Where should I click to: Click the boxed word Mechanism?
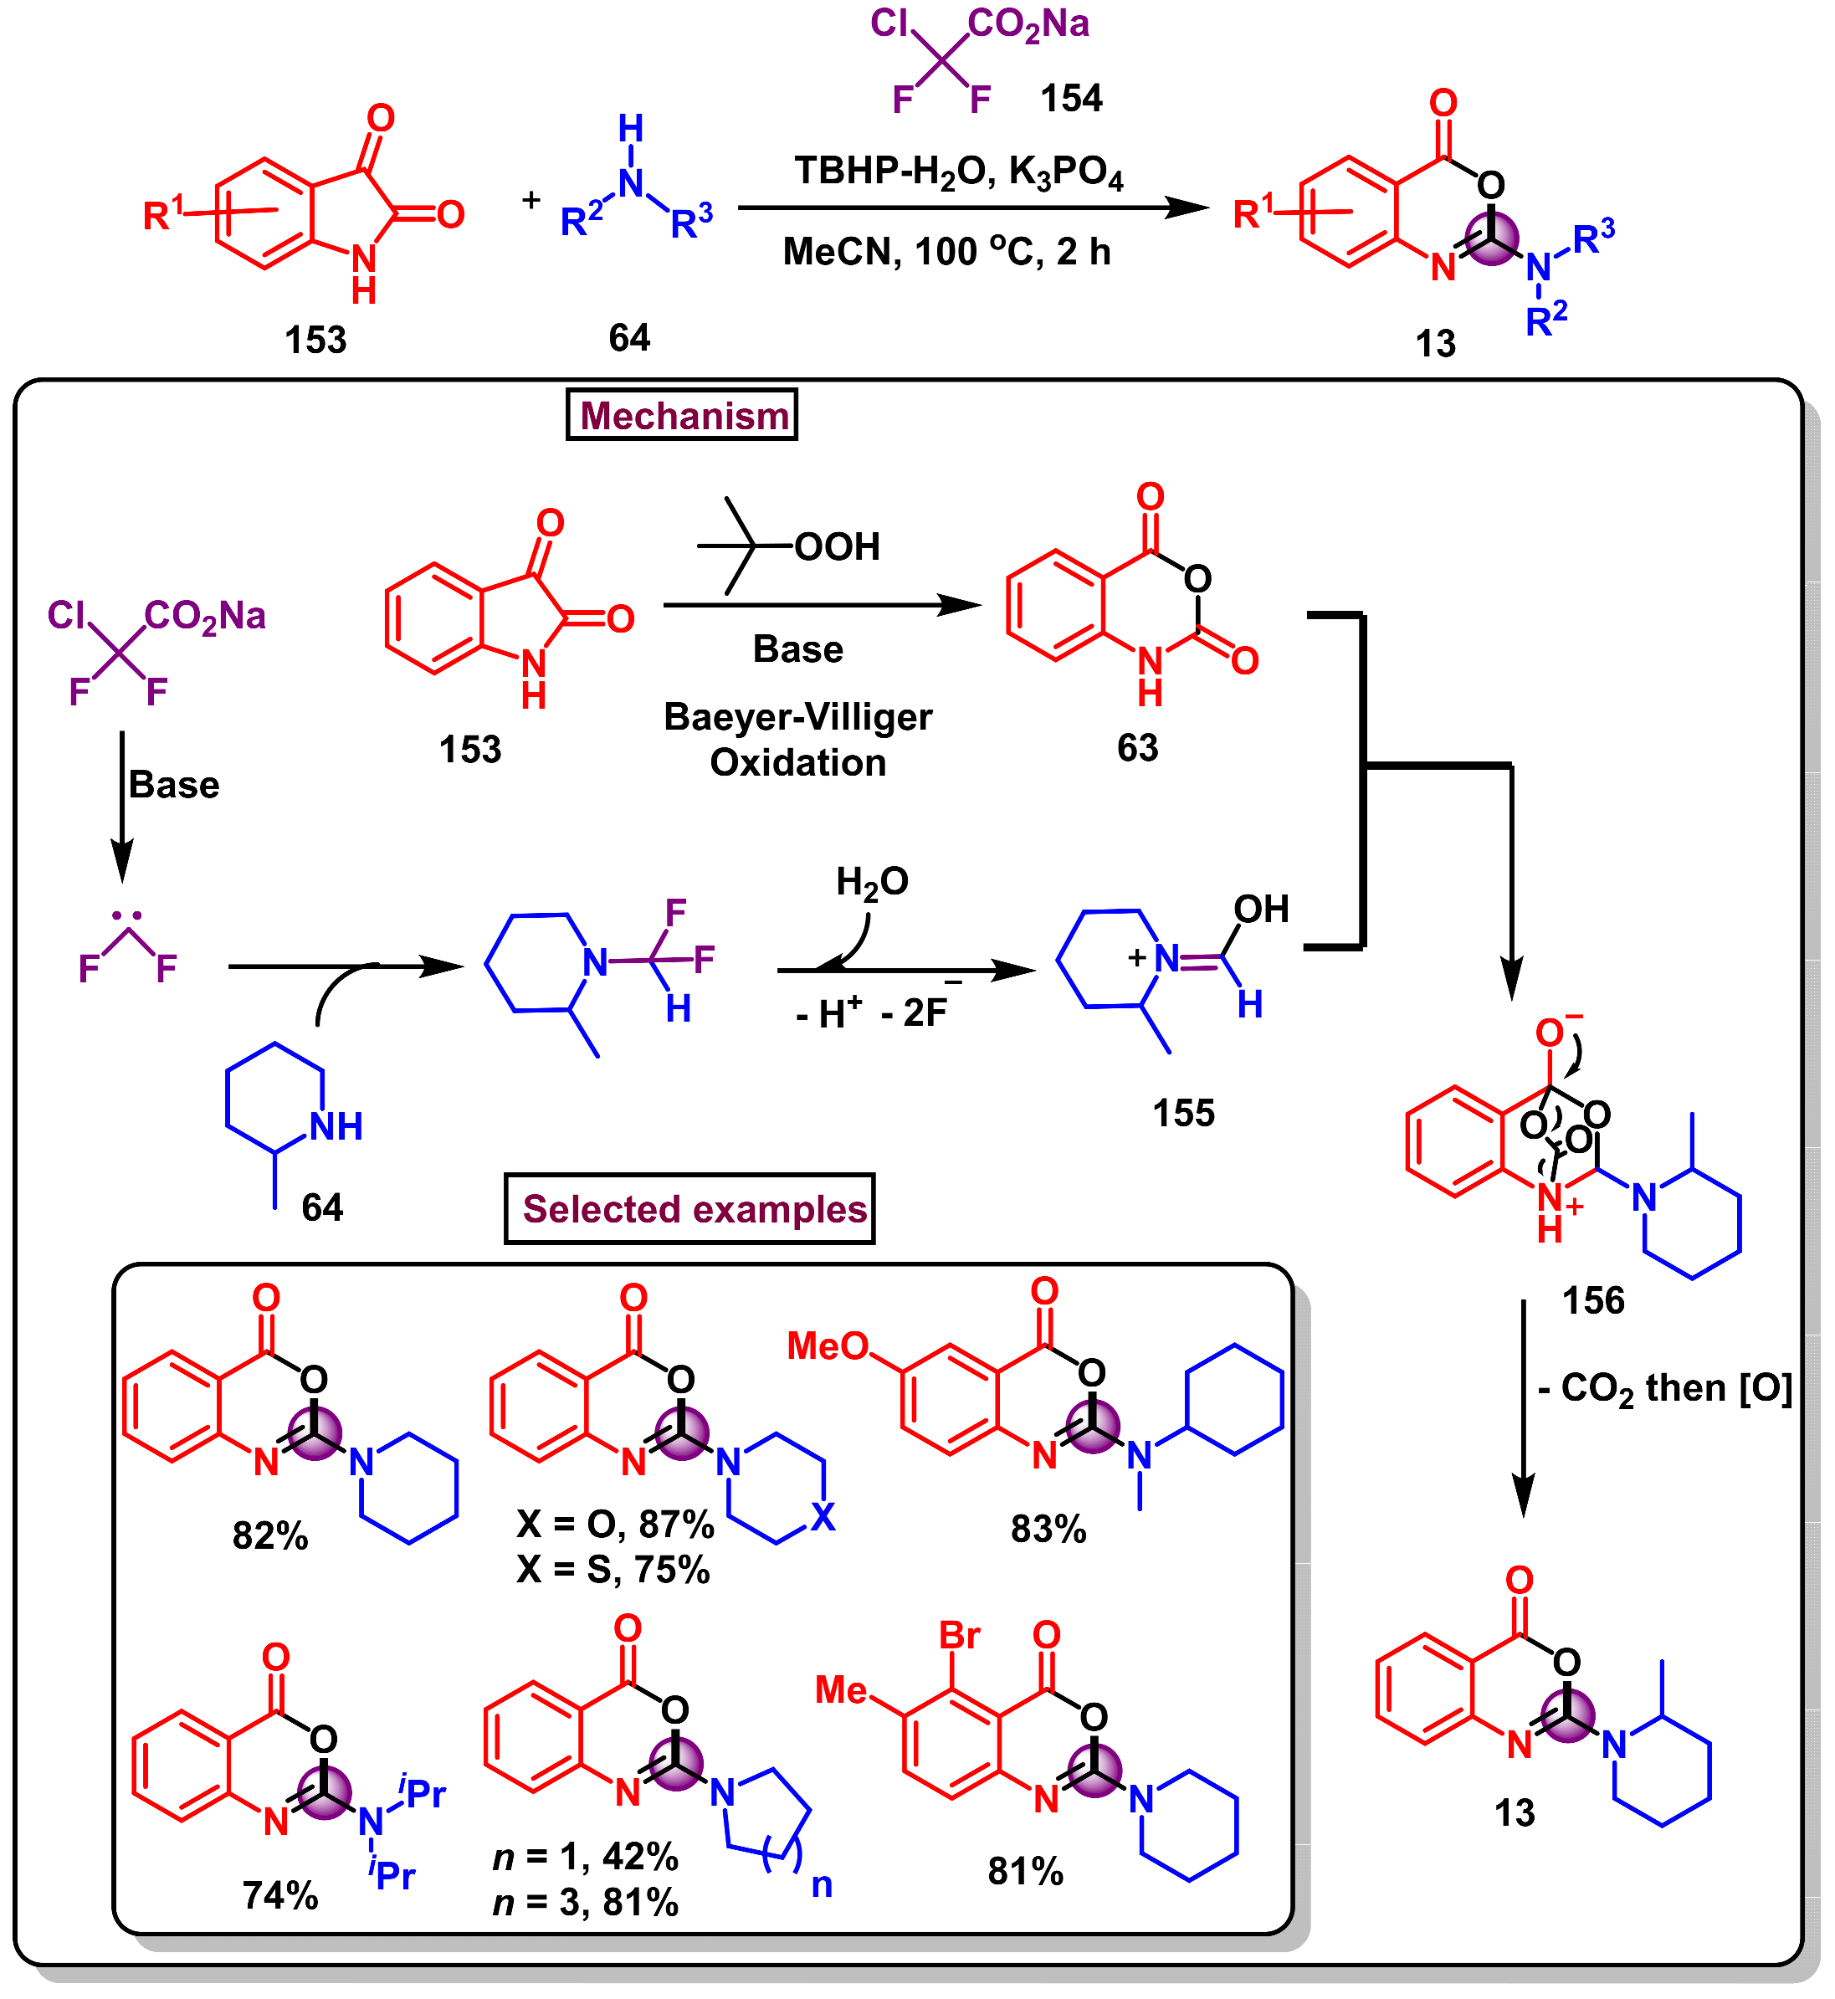(x=683, y=416)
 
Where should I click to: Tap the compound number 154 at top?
(x=1071, y=98)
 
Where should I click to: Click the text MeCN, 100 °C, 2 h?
(x=946, y=252)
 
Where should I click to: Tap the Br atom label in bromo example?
(x=961, y=1637)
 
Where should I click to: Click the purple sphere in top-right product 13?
(x=1493, y=238)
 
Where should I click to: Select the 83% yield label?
(x=1048, y=1530)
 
